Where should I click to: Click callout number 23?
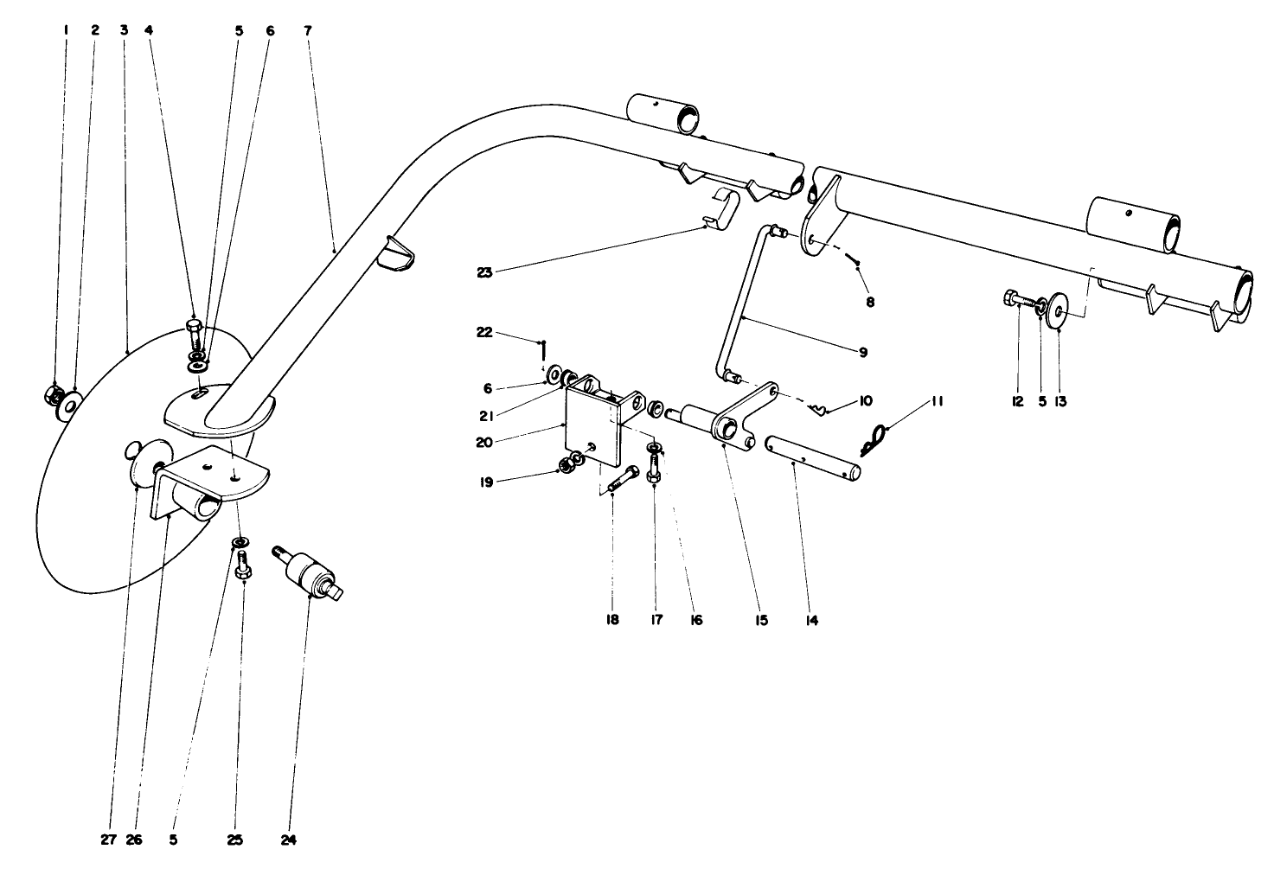click(486, 271)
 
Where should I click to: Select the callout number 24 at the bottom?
click(289, 839)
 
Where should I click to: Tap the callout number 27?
click(107, 839)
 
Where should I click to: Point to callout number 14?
click(811, 620)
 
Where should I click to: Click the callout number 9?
click(862, 352)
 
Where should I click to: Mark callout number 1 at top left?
click(65, 29)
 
